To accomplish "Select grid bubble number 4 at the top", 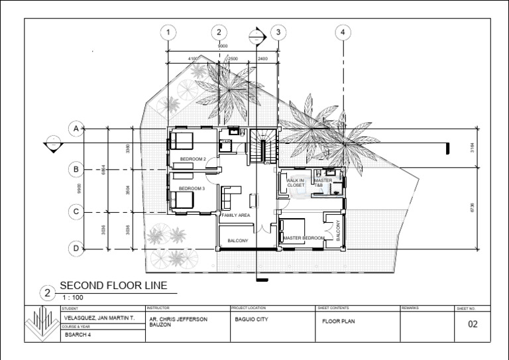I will coord(343,32).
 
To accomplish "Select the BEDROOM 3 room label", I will coord(192,189).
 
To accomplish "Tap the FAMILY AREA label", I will coord(235,216).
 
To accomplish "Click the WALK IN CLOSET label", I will coord(295,183).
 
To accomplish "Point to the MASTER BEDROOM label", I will coord(304,238).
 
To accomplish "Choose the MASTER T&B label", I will coord(323,183).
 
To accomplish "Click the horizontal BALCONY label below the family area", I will coord(237,241).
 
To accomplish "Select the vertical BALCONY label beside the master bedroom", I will coord(337,230).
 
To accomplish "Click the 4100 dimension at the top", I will coord(193,59).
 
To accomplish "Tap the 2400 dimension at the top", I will coord(262,59).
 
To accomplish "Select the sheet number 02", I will coord(473,324).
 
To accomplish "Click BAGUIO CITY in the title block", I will coord(251,319).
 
